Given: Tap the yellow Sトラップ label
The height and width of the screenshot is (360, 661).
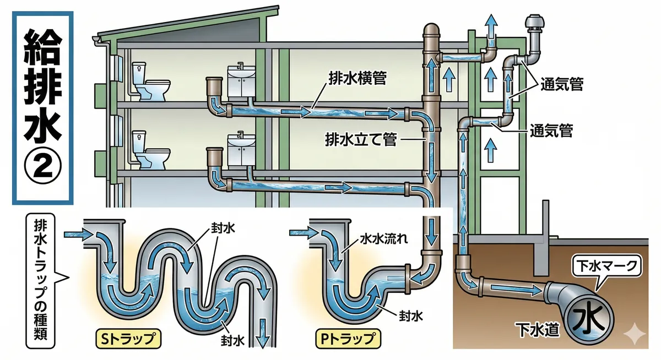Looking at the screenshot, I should click(x=127, y=337).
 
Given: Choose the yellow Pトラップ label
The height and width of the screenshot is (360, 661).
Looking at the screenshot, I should click(x=346, y=337).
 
